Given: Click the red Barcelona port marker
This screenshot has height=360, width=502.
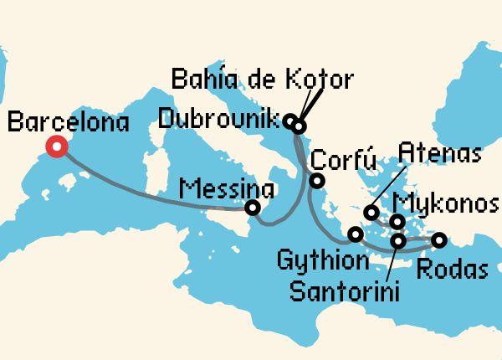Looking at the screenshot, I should pos(57,147).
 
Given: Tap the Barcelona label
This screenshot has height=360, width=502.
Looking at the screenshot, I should pos(68,124).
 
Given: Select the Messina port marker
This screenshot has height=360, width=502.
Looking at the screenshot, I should pos(252,208).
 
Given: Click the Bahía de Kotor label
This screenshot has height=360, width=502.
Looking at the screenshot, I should pos(261,81).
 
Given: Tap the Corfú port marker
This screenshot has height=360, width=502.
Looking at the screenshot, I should pos(318,181).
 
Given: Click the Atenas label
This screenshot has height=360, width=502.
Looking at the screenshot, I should pos(439,153).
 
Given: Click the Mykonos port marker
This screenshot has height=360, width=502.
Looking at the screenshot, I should pos(398,221).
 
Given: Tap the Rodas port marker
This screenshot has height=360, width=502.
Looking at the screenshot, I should pos(438,241).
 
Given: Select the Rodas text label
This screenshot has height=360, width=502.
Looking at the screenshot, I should pos(452,270).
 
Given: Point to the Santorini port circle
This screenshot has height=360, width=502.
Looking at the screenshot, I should pos(398,241).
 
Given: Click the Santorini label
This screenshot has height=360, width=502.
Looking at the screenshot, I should pos(344,291).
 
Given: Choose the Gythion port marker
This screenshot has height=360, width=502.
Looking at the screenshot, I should pos(356,234).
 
